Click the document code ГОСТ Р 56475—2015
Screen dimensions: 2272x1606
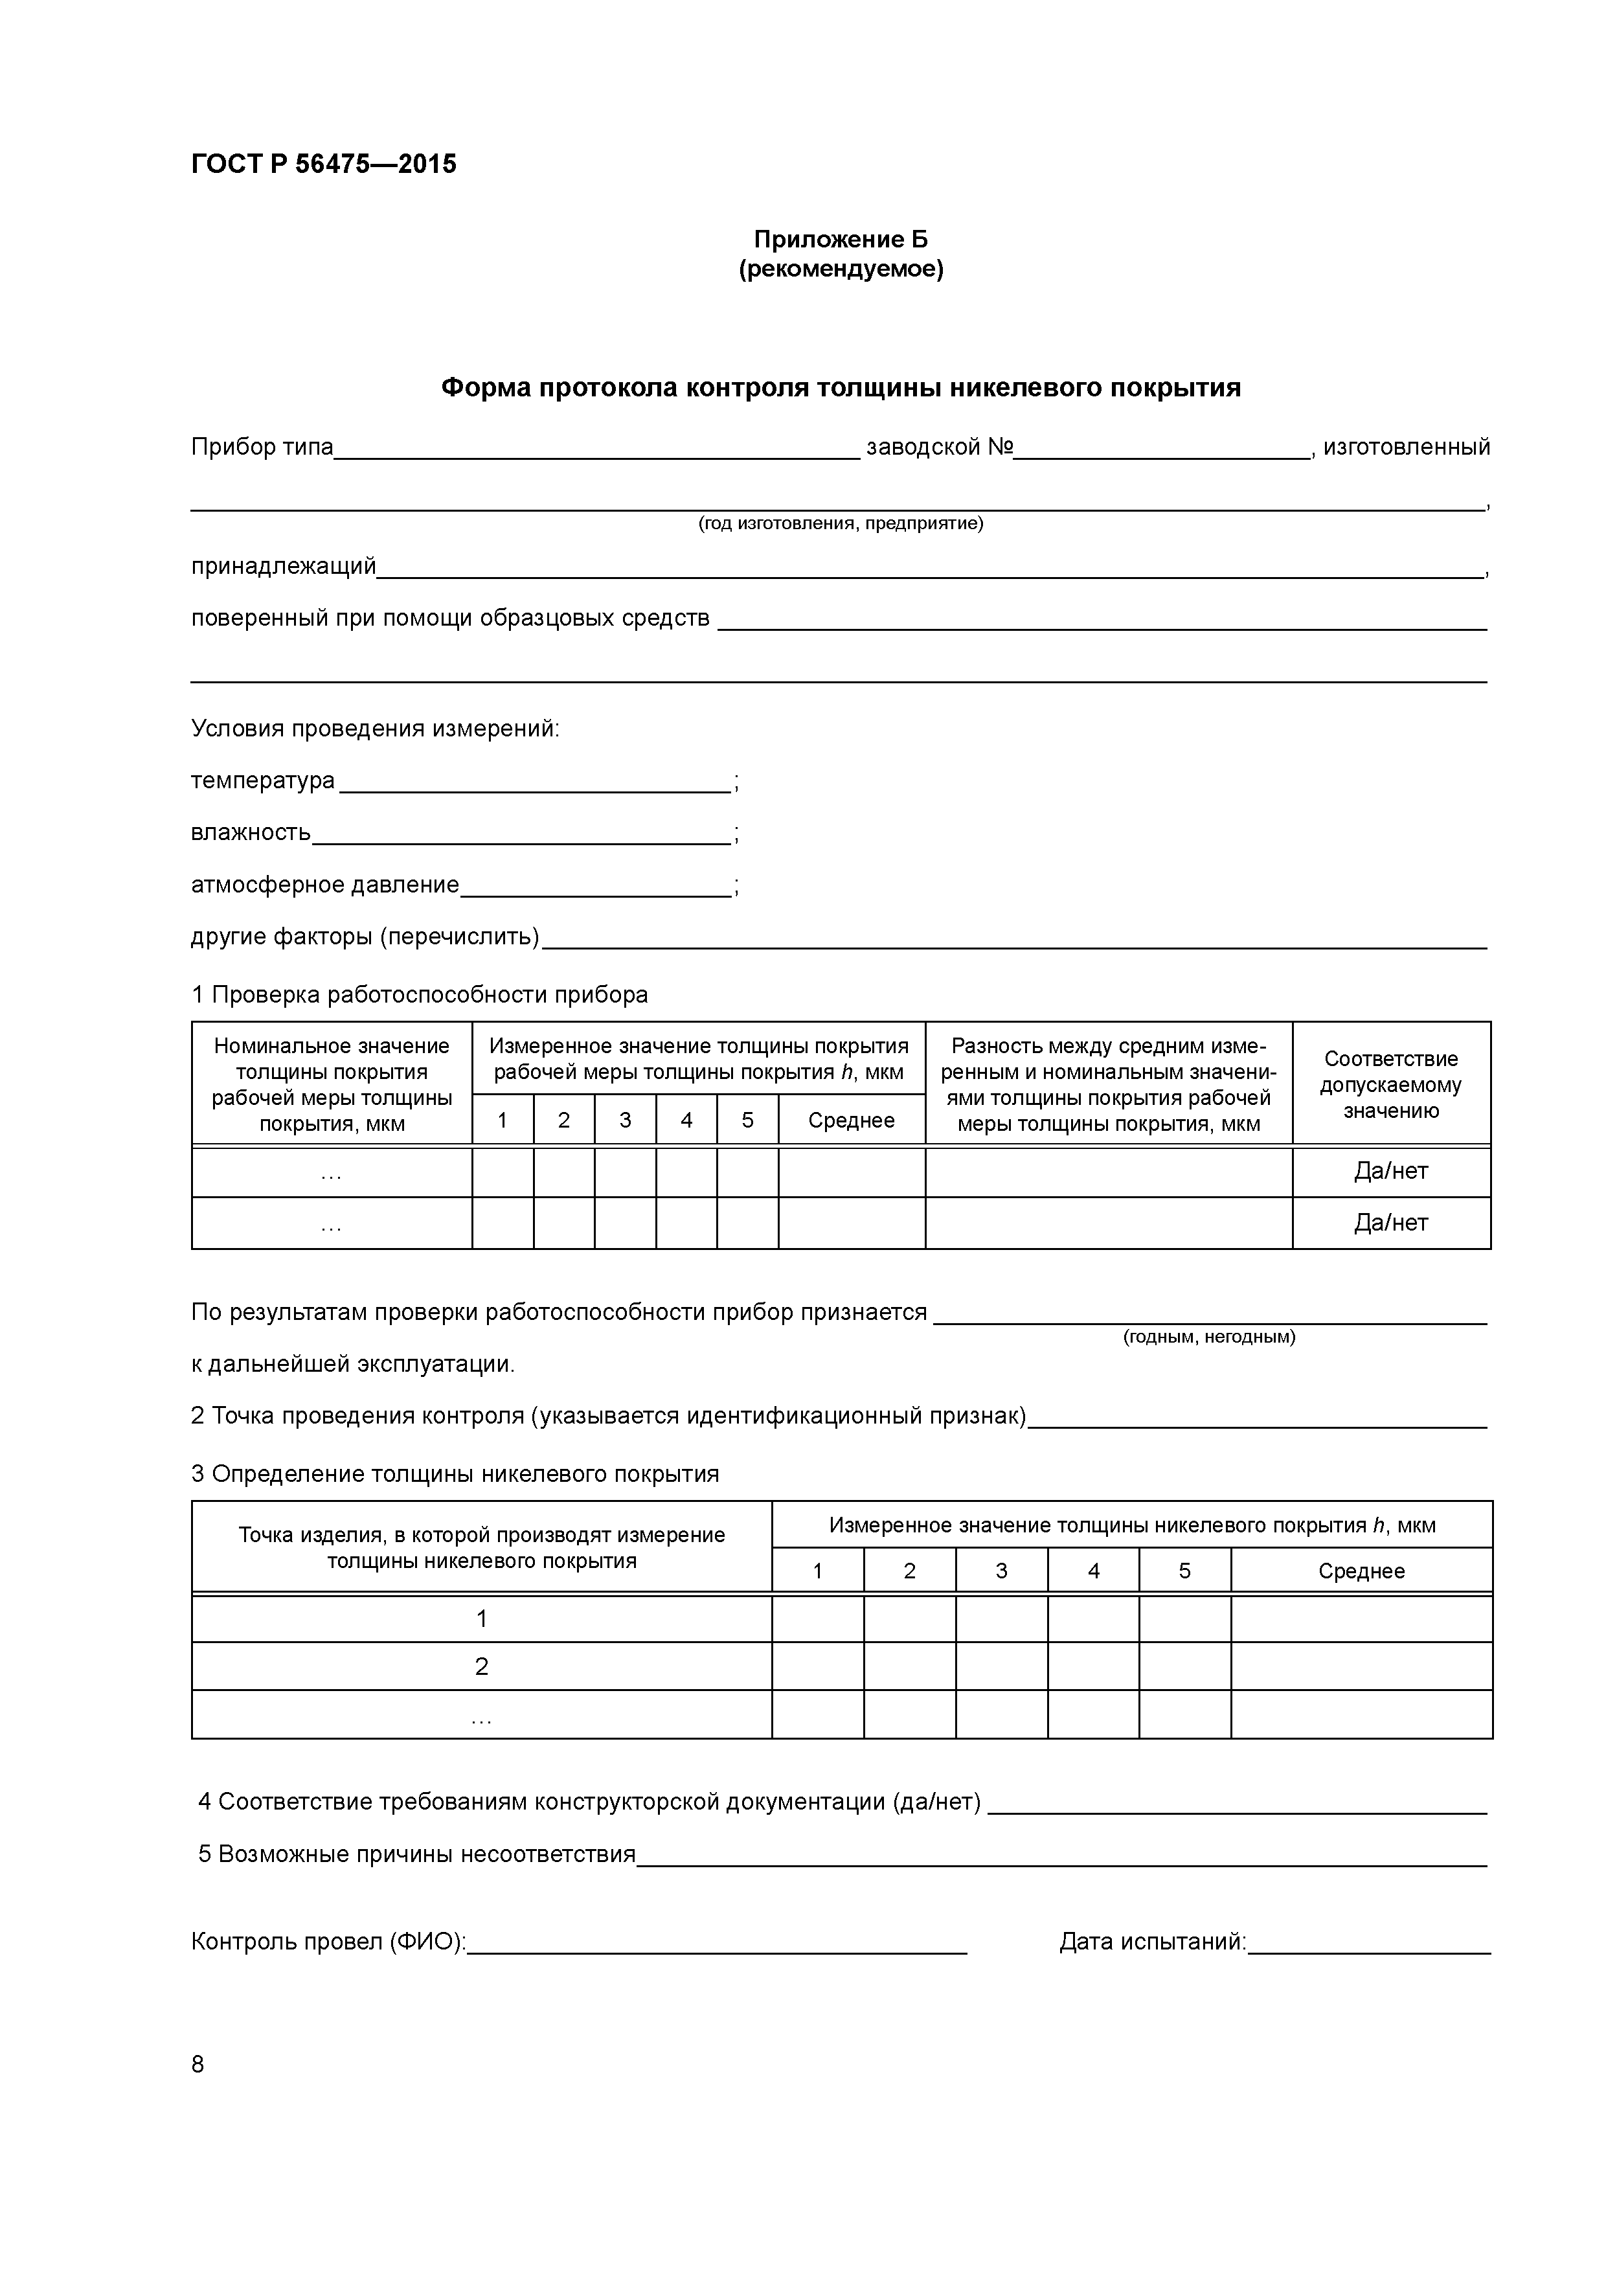click(x=324, y=165)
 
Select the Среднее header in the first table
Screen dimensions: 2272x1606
click(x=851, y=1120)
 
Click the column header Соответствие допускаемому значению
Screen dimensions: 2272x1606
click(x=1390, y=1085)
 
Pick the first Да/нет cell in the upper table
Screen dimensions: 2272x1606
click(x=1390, y=1172)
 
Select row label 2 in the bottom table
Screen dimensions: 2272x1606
click(x=481, y=1667)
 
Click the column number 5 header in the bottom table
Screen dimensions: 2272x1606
click(x=1184, y=1571)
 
